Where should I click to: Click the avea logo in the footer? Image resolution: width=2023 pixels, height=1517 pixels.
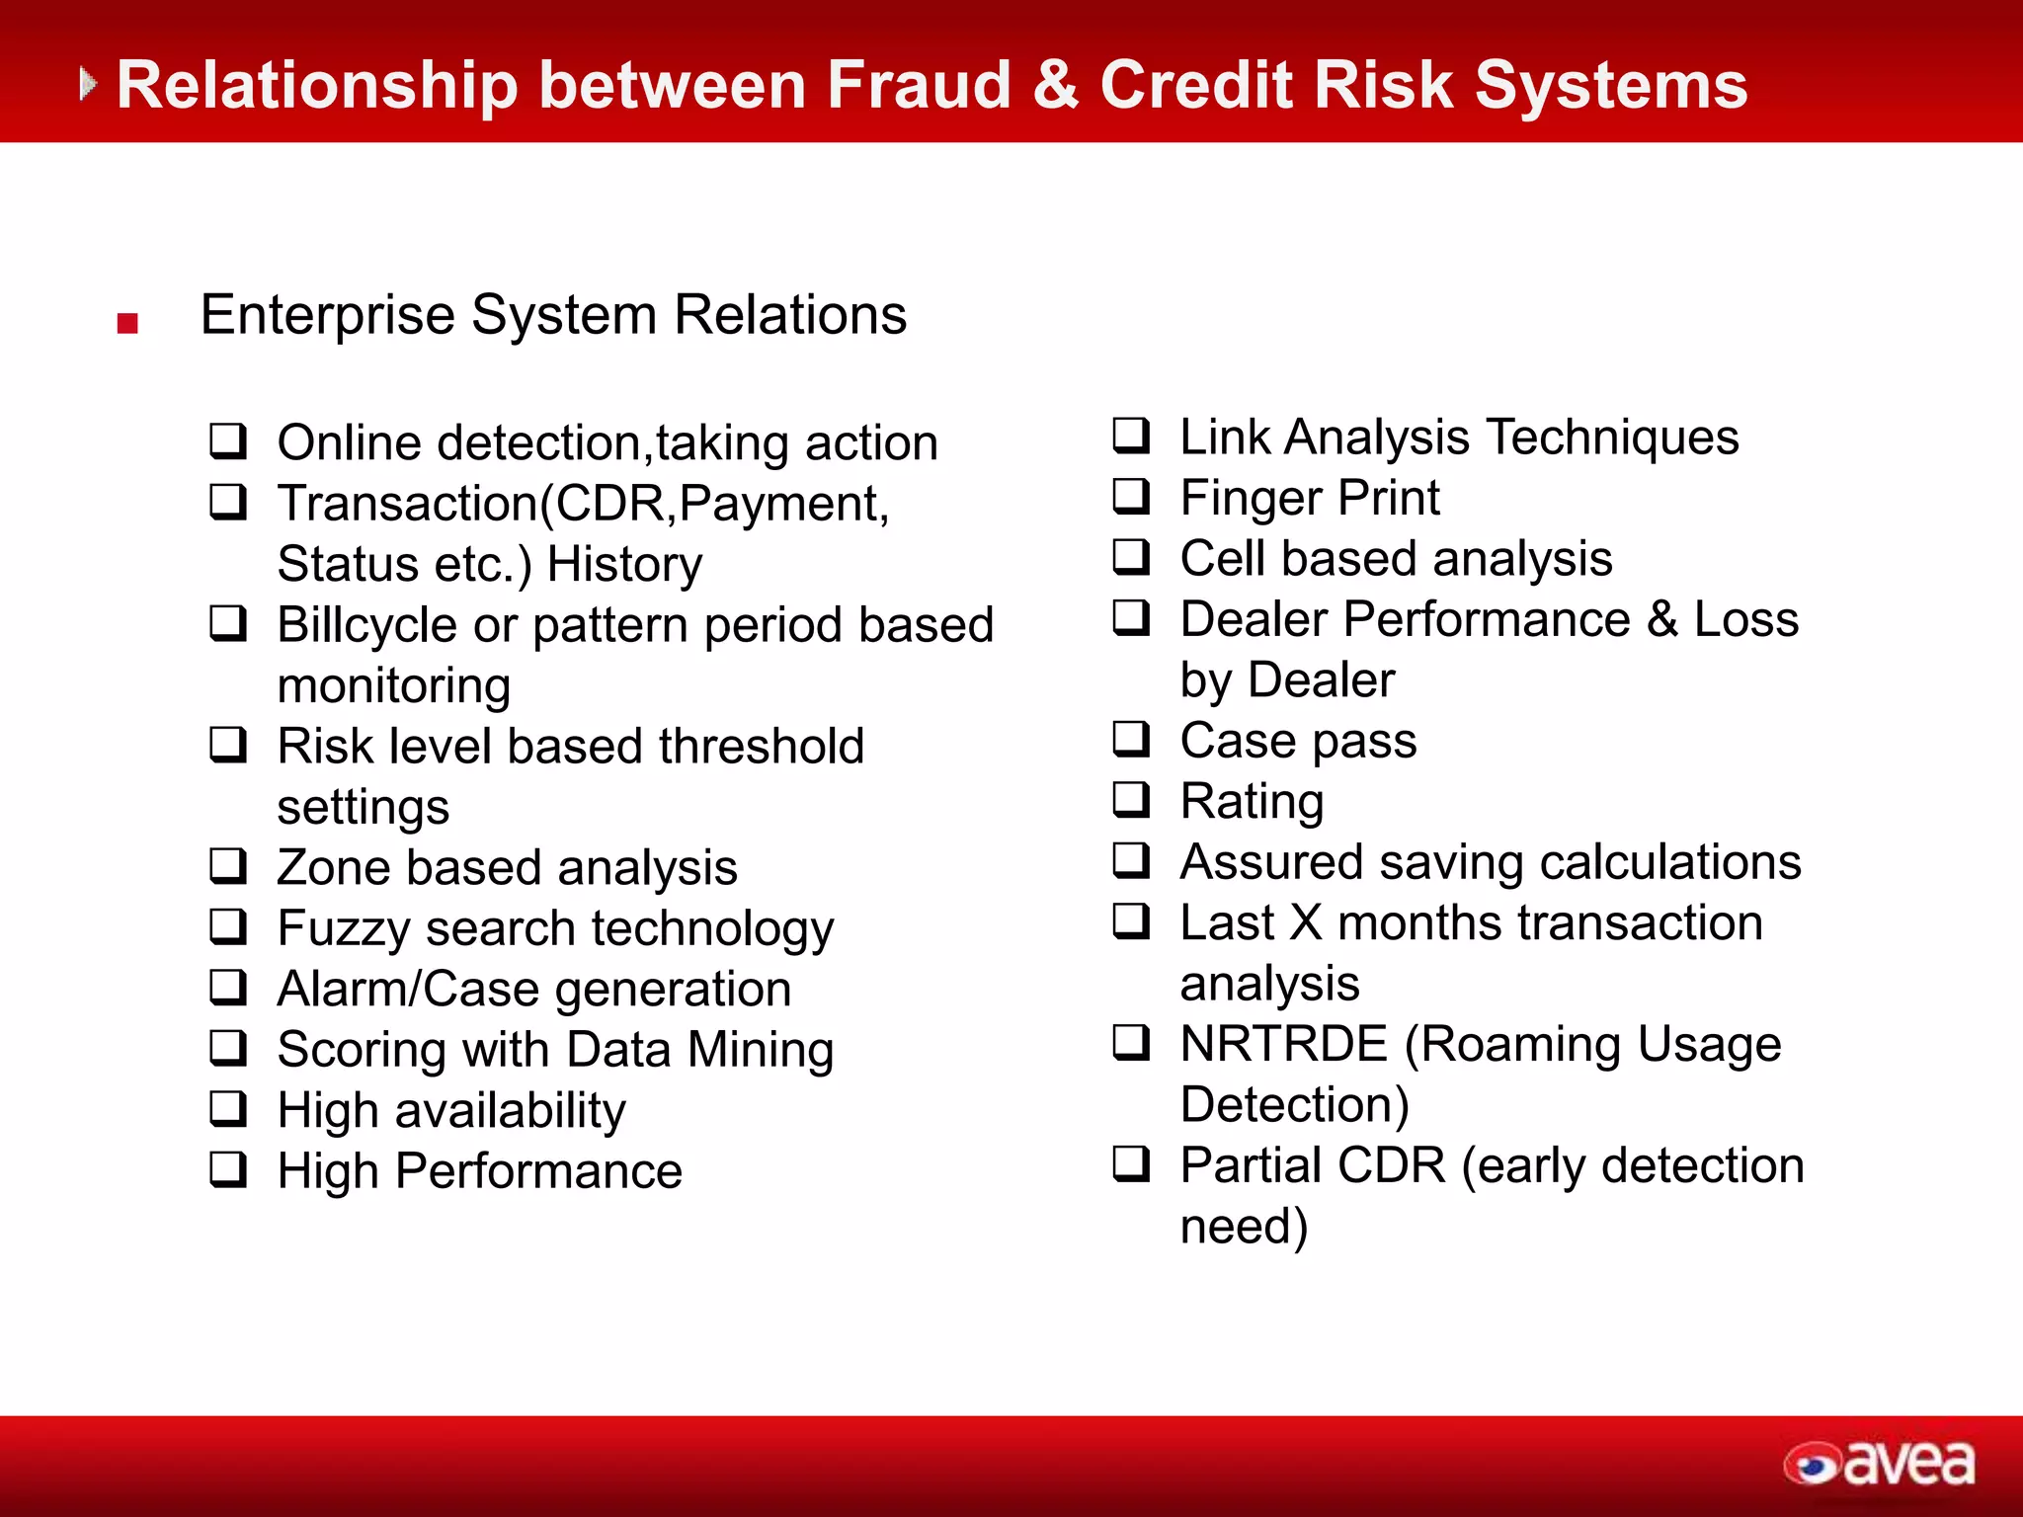click(1879, 1464)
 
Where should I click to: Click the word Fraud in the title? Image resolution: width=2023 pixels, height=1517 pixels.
click(919, 85)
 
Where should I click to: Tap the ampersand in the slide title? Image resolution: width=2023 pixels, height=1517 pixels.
click(1055, 85)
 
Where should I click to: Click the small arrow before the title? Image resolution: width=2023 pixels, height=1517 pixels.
click(88, 84)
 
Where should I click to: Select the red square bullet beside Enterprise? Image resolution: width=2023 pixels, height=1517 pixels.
click(127, 323)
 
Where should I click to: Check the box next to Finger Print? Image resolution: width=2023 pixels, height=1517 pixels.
click(1131, 496)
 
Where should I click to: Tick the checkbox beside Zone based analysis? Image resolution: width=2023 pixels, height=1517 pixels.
click(228, 866)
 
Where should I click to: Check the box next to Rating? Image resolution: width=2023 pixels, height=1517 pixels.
click(1131, 799)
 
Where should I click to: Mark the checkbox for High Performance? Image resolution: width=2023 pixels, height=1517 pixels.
click(228, 1169)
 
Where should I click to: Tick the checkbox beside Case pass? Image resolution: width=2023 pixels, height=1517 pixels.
click(1131, 739)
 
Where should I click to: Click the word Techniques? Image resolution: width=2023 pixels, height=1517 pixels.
click(1612, 438)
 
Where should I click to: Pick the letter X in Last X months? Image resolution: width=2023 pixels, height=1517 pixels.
click(1305, 922)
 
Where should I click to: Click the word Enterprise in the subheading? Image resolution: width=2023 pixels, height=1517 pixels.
click(328, 316)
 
